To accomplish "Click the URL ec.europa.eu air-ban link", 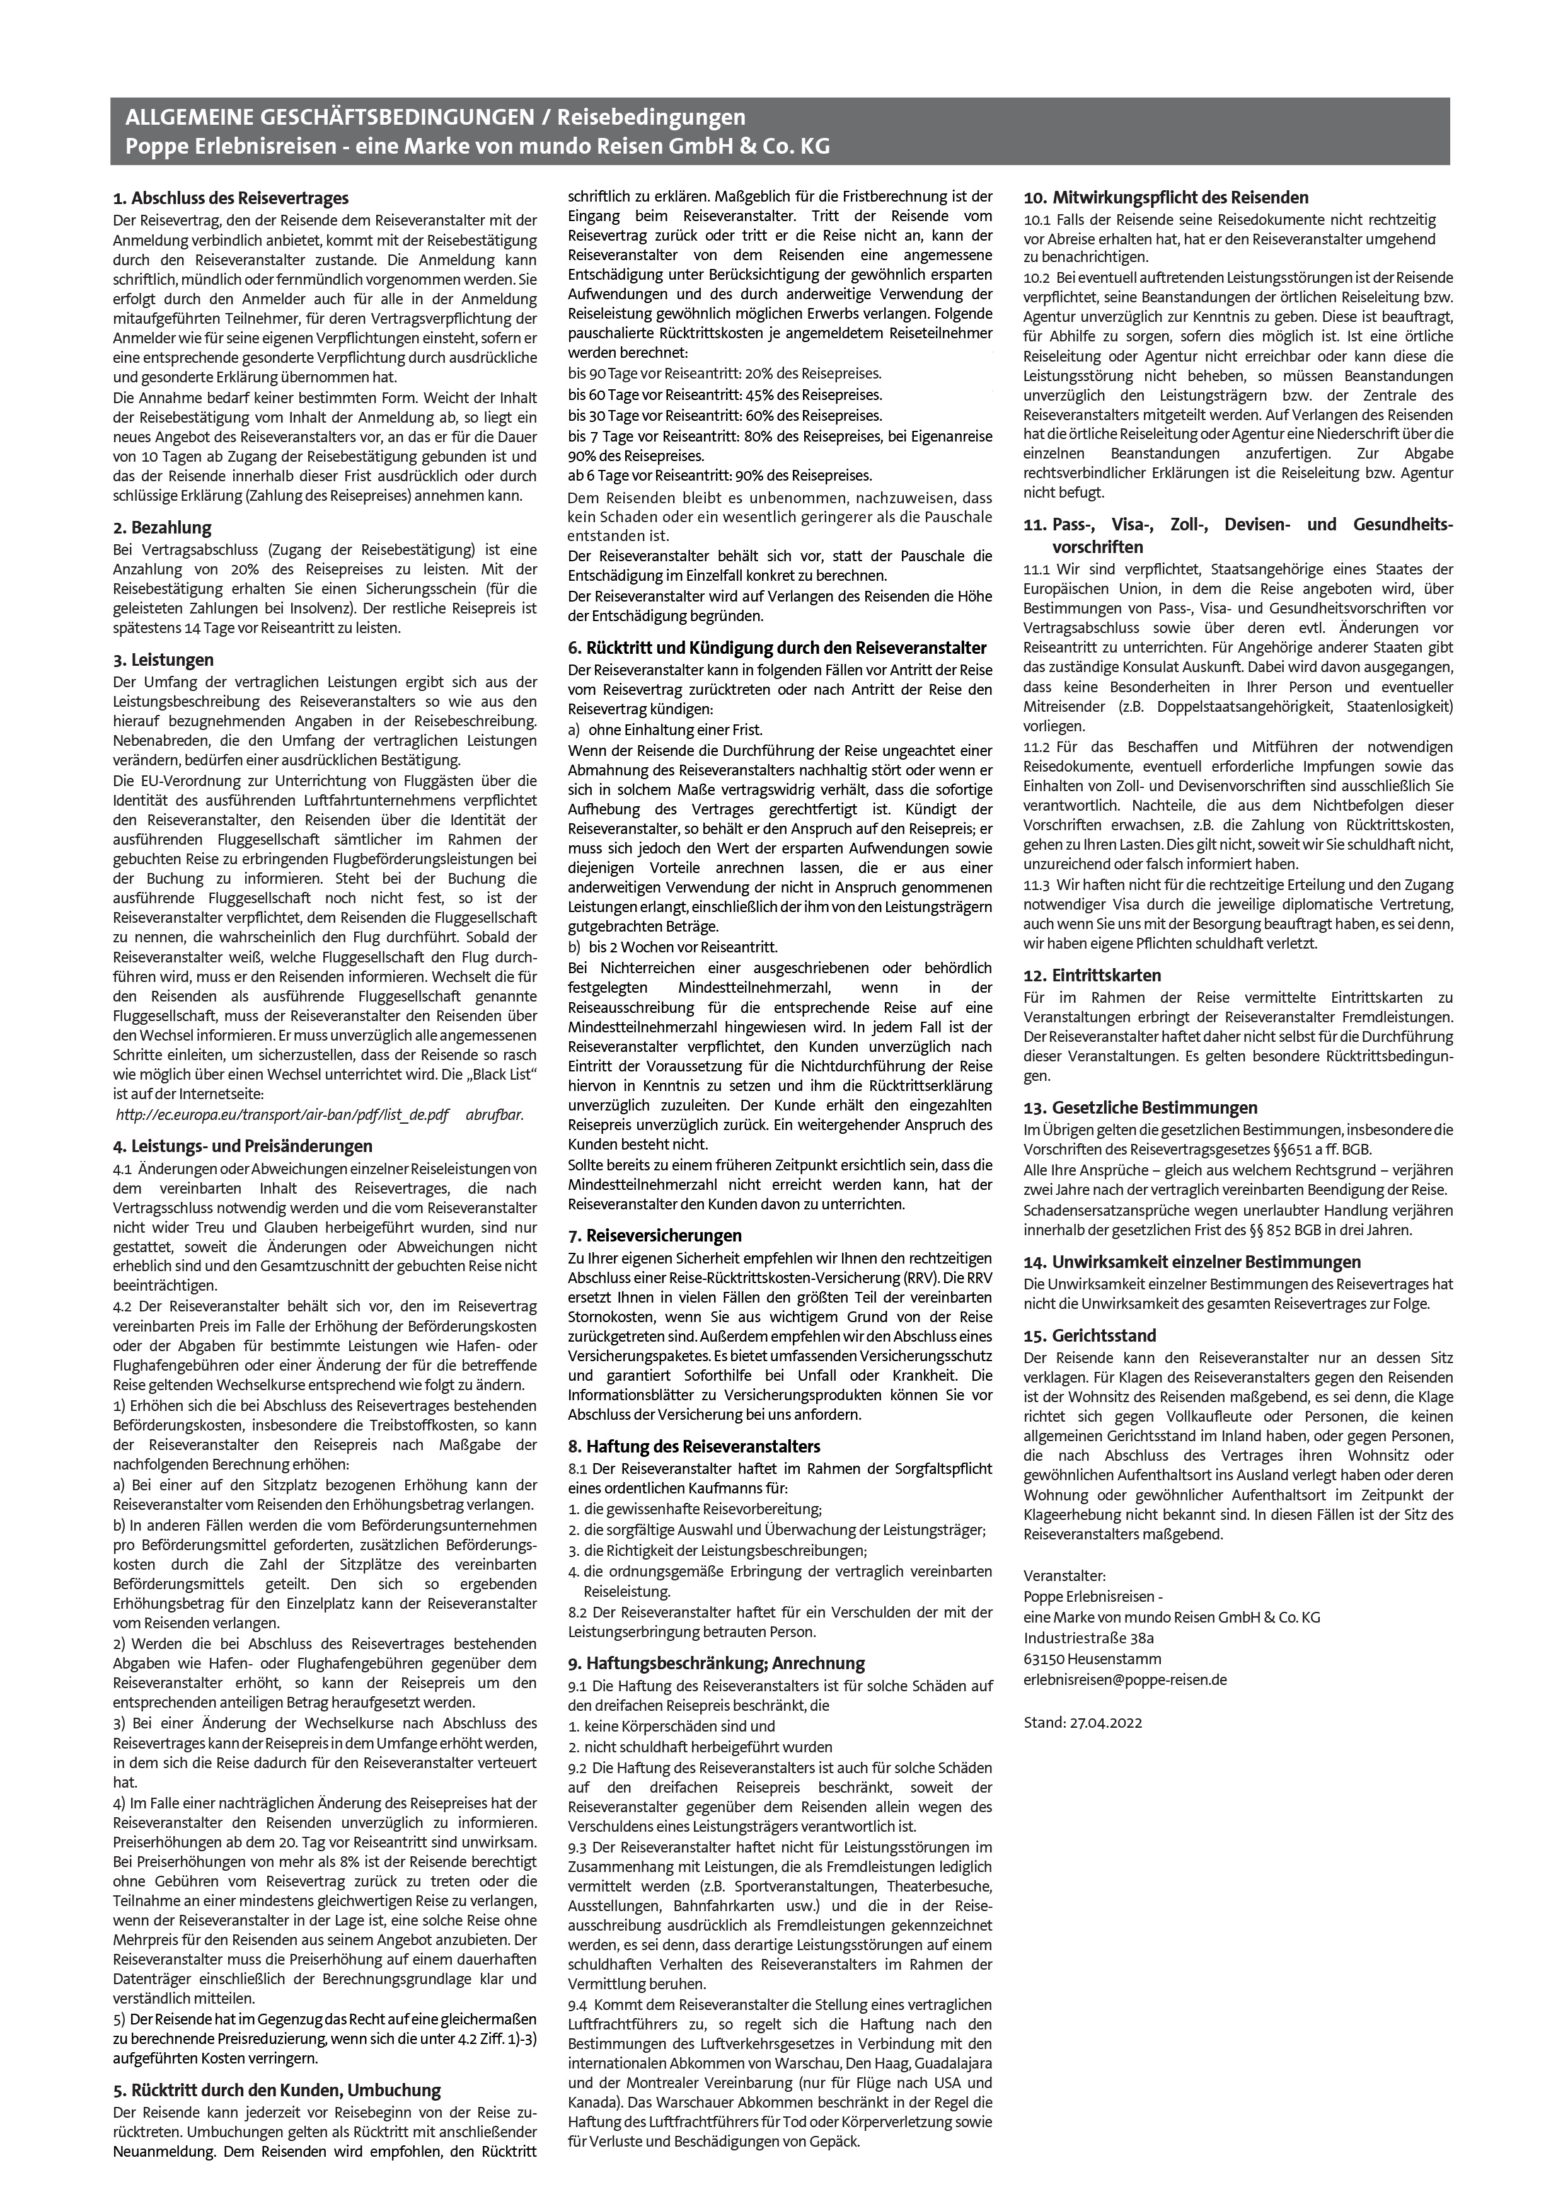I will coord(281,1115).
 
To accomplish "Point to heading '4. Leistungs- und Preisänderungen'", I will coord(243,1147).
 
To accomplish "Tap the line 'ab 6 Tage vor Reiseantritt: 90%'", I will coord(720,476).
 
